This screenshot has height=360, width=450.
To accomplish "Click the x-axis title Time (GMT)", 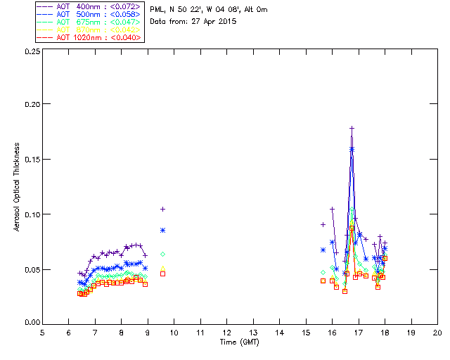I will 239,342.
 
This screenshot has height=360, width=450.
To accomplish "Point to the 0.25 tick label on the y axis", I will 30,52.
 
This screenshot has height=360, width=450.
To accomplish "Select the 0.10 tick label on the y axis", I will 30,214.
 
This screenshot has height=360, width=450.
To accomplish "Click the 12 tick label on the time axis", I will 226,333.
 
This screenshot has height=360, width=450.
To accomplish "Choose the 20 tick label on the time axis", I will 437,333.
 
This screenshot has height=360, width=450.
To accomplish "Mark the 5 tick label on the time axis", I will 42,333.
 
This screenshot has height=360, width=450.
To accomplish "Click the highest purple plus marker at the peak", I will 352,128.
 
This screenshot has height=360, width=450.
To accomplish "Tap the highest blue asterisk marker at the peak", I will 352,149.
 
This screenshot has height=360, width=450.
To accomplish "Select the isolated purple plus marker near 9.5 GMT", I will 162,209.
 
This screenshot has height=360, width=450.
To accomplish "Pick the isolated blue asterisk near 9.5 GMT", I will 162,230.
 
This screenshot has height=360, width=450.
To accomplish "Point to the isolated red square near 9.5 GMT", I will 162,274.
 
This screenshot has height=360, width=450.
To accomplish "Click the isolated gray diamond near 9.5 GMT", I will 162,254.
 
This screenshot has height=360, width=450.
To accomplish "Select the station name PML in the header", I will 157,10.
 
